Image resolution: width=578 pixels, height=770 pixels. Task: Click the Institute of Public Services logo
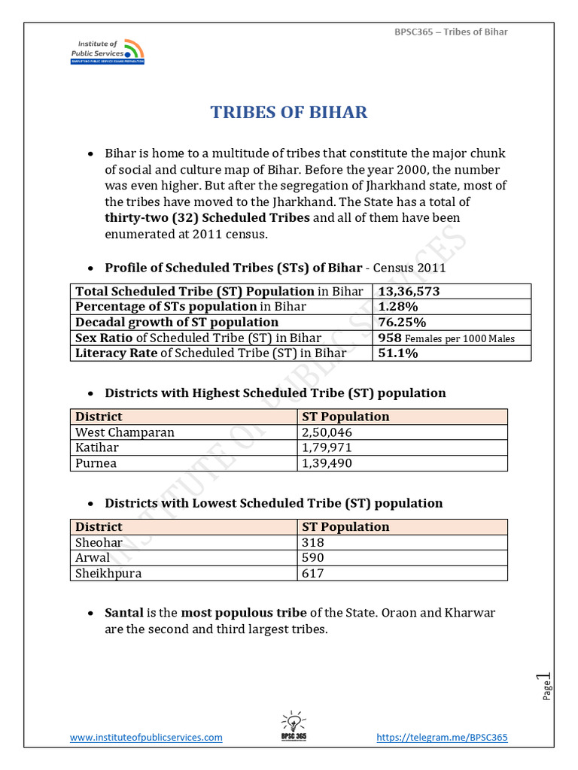(106, 51)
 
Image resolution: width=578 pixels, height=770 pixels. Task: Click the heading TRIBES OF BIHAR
(289, 113)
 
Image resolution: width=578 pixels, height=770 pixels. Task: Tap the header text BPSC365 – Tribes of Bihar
(452, 32)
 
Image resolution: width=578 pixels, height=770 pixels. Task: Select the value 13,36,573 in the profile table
(409, 291)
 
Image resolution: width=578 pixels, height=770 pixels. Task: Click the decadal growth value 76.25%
(402, 322)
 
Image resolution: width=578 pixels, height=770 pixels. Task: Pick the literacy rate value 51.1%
(398, 353)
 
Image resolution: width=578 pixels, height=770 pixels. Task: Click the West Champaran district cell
(125, 432)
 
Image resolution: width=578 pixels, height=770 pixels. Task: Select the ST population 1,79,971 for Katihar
(327, 448)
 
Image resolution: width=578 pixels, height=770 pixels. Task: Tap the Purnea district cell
(96, 464)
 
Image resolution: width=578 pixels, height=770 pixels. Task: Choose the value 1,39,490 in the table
(327, 464)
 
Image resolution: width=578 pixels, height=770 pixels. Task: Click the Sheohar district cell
(99, 542)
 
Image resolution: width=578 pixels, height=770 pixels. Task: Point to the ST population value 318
(312, 542)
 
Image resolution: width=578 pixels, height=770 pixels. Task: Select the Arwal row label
(93, 558)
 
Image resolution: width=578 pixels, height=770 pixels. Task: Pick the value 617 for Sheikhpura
(312, 574)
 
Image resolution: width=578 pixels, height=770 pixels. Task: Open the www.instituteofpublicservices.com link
(146, 738)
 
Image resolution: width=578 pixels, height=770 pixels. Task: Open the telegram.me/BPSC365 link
(442, 738)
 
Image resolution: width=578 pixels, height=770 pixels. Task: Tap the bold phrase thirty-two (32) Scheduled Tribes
(207, 218)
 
